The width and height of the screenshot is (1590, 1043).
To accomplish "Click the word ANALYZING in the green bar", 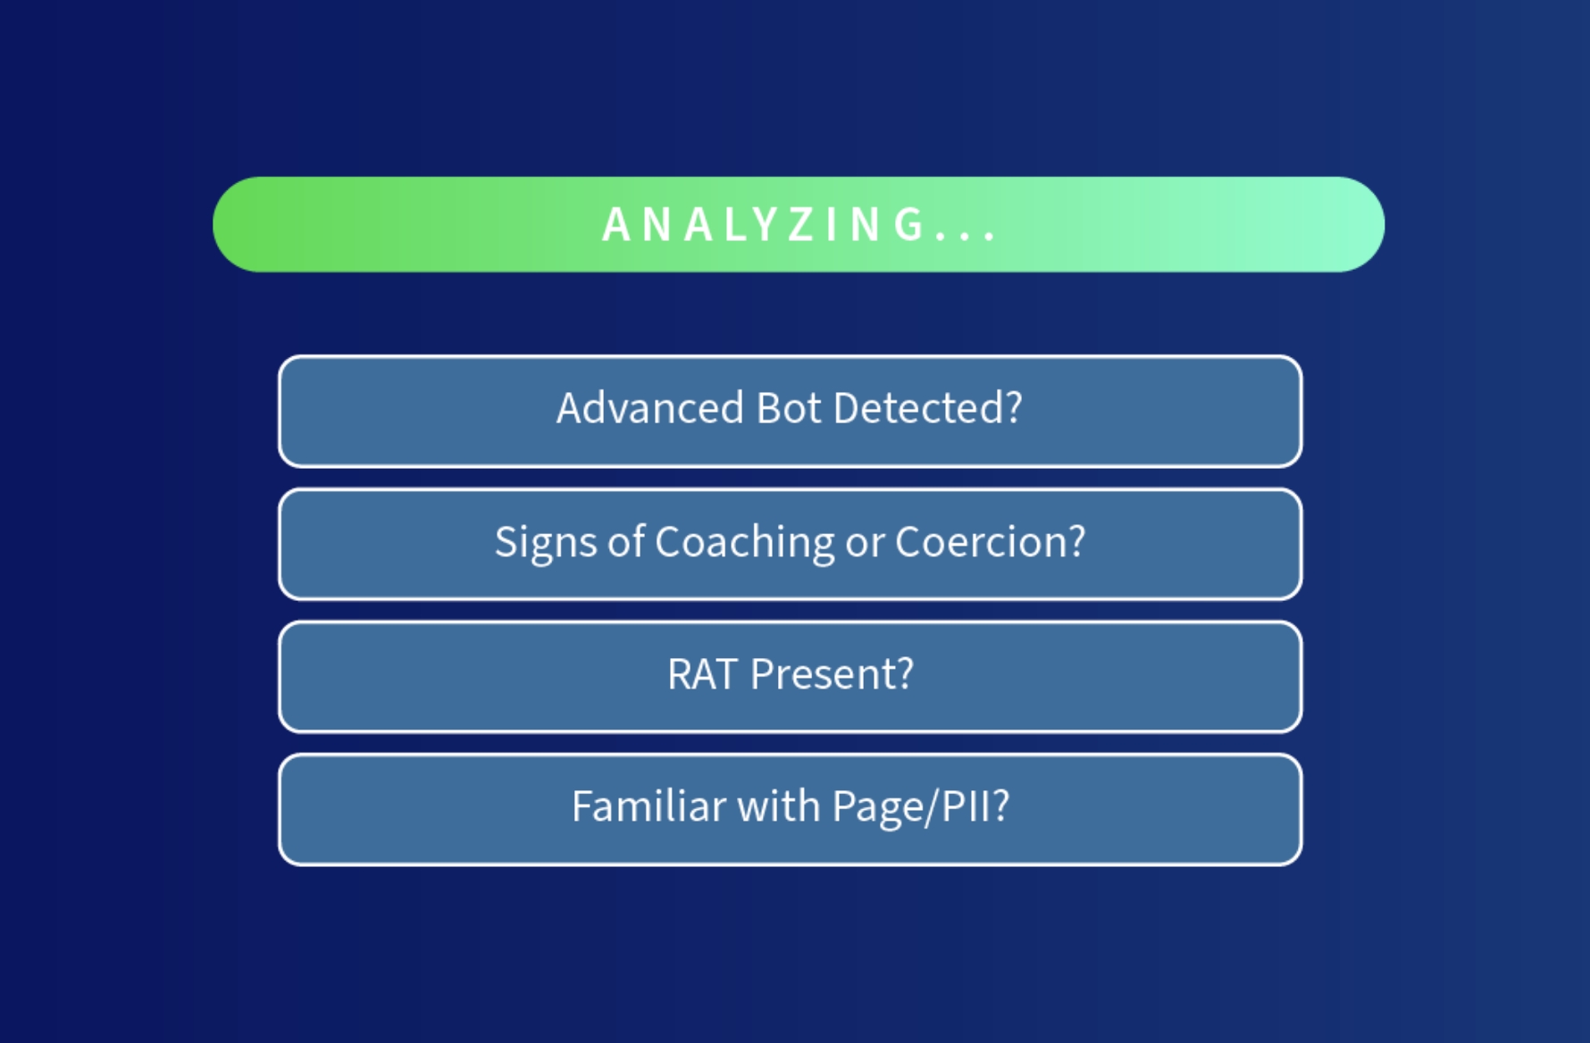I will click(764, 224).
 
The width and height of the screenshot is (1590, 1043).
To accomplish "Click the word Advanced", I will click(649, 409).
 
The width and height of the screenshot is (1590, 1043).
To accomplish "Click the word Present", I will click(822, 674).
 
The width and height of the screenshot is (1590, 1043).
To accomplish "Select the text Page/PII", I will click(911, 806).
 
